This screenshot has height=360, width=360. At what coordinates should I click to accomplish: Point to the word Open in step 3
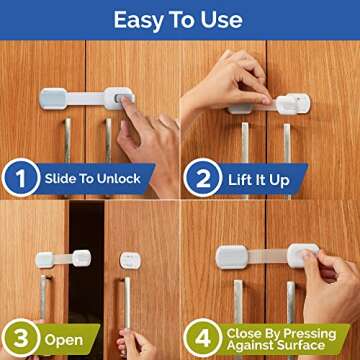(63, 339)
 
